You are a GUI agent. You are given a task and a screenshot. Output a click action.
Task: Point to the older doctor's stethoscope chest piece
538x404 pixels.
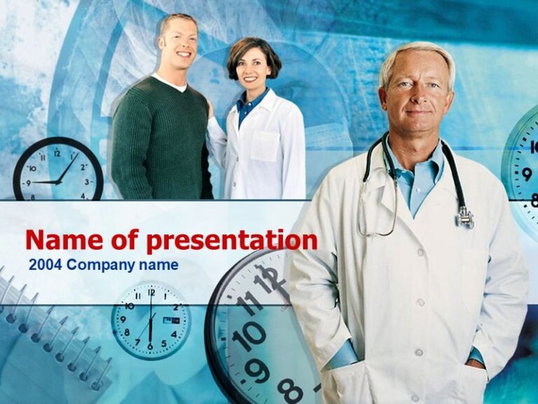(464, 218)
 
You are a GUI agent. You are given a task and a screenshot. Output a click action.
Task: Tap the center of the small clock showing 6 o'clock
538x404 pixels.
(150, 321)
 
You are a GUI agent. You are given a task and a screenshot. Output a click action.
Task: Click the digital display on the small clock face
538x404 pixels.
(171, 320)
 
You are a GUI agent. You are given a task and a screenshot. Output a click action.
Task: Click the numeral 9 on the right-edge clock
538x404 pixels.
(525, 173)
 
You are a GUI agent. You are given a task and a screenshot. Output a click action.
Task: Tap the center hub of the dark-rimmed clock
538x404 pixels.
(57, 182)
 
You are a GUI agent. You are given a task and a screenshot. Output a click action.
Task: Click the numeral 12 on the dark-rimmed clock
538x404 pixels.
(57, 152)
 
